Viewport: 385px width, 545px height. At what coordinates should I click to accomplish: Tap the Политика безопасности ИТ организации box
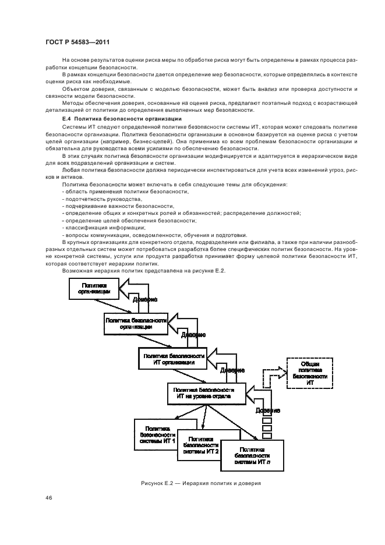pyautogui.click(x=172, y=358)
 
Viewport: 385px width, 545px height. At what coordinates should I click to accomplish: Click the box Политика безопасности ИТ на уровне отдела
pyautogui.click(x=201, y=393)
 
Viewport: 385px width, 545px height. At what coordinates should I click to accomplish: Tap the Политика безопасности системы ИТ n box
pyautogui.click(x=252, y=455)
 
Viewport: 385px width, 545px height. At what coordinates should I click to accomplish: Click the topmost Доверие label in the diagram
pyautogui.click(x=144, y=299)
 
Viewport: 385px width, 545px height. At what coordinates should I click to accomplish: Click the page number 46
pyautogui.click(x=48, y=498)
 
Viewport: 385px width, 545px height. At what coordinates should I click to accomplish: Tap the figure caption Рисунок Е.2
pyautogui.click(x=200, y=483)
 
